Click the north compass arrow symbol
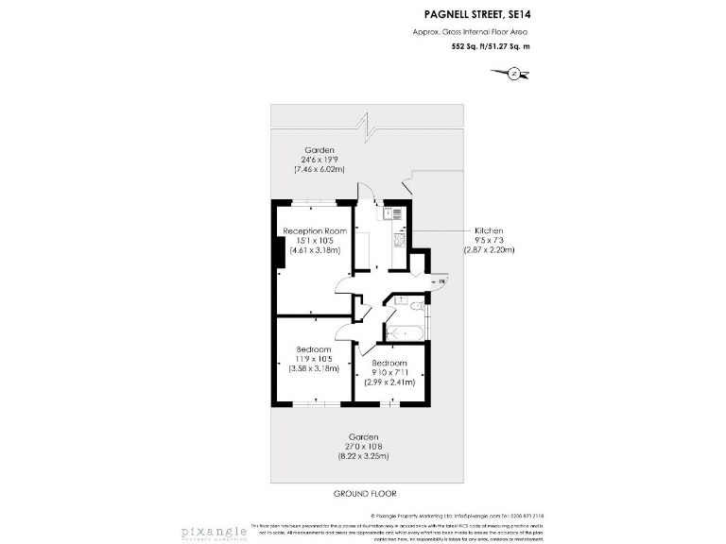(513, 72)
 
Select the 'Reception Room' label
(315, 230)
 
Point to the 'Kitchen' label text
(489, 230)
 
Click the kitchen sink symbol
(396, 214)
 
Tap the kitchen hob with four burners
(398, 240)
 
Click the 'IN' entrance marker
(440, 280)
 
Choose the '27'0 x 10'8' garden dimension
(364, 447)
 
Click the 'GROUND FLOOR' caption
(365, 494)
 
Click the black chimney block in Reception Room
(279, 253)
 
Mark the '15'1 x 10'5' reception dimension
(315, 240)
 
